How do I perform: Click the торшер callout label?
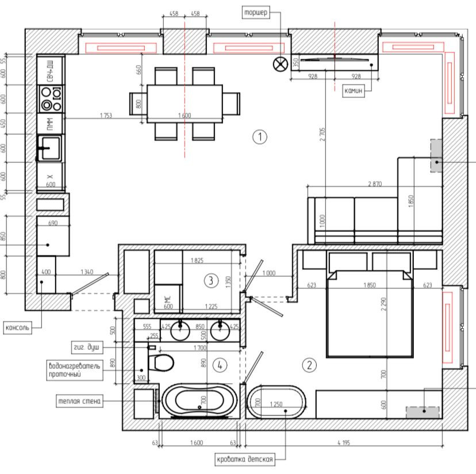256,13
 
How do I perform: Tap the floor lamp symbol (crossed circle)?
281,64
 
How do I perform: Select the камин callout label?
354,90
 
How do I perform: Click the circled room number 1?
260,137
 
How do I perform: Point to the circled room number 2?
309,365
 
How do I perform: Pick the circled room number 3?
211,281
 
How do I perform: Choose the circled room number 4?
220,365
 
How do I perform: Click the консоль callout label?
18,328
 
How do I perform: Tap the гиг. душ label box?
87,347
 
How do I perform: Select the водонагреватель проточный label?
74,370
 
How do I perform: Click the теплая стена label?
79,401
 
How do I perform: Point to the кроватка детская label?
245,459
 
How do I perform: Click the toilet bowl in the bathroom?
164,362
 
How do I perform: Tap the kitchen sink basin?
51,148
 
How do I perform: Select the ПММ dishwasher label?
51,124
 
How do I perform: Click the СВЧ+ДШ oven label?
51,71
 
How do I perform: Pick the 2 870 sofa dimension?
375,184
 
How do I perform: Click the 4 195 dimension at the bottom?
344,443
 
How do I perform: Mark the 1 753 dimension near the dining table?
106,116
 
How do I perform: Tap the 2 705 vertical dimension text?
322,134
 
